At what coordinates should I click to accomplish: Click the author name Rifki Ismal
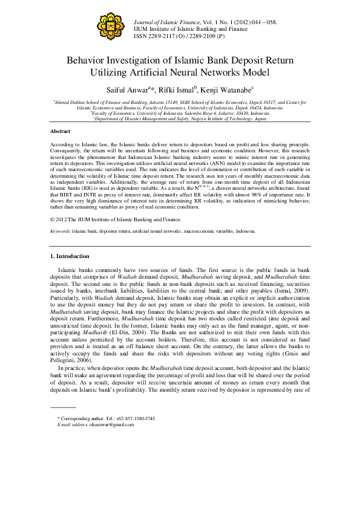tap(179, 90)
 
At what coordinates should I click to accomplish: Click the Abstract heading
tap(60, 131)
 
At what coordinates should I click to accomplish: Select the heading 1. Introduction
tap(70, 256)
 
